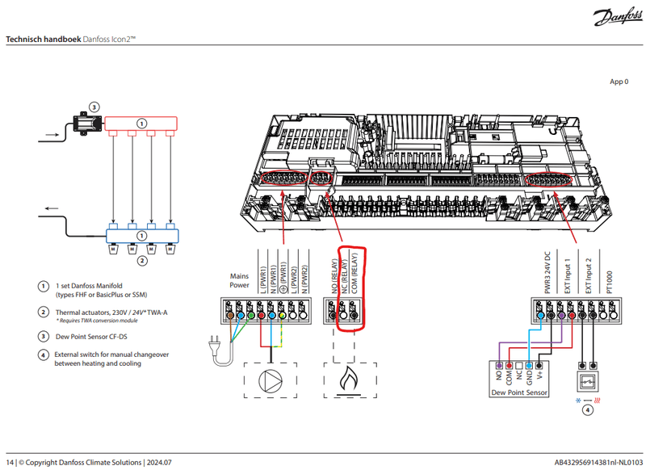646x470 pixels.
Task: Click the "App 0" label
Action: point(620,82)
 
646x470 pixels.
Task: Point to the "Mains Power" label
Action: point(239,280)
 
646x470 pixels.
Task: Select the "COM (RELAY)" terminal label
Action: point(354,275)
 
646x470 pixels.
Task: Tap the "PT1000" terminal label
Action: point(610,282)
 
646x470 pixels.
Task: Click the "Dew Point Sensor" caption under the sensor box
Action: point(519,392)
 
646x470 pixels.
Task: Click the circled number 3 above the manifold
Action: point(94,106)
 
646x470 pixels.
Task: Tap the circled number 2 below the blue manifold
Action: point(142,261)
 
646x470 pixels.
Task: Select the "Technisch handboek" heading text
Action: point(40,39)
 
